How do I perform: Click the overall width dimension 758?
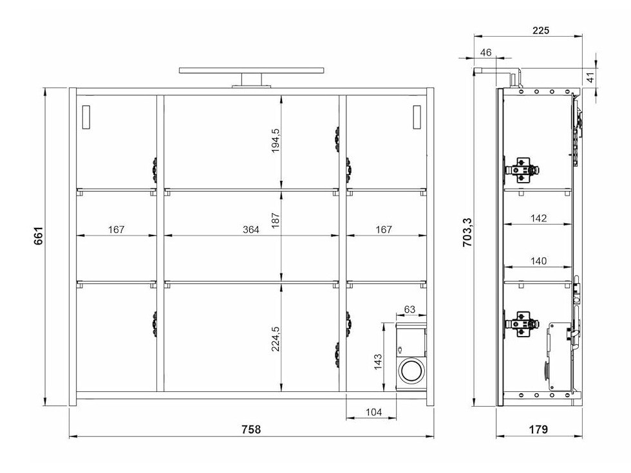coord(252,429)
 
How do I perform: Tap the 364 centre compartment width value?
coord(251,229)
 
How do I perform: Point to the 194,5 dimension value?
coord(276,140)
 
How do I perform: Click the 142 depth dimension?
coord(538,218)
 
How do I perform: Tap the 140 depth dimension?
coord(538,261)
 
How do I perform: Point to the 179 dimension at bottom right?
coord(538,429)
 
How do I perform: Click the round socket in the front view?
coord(410,371)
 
